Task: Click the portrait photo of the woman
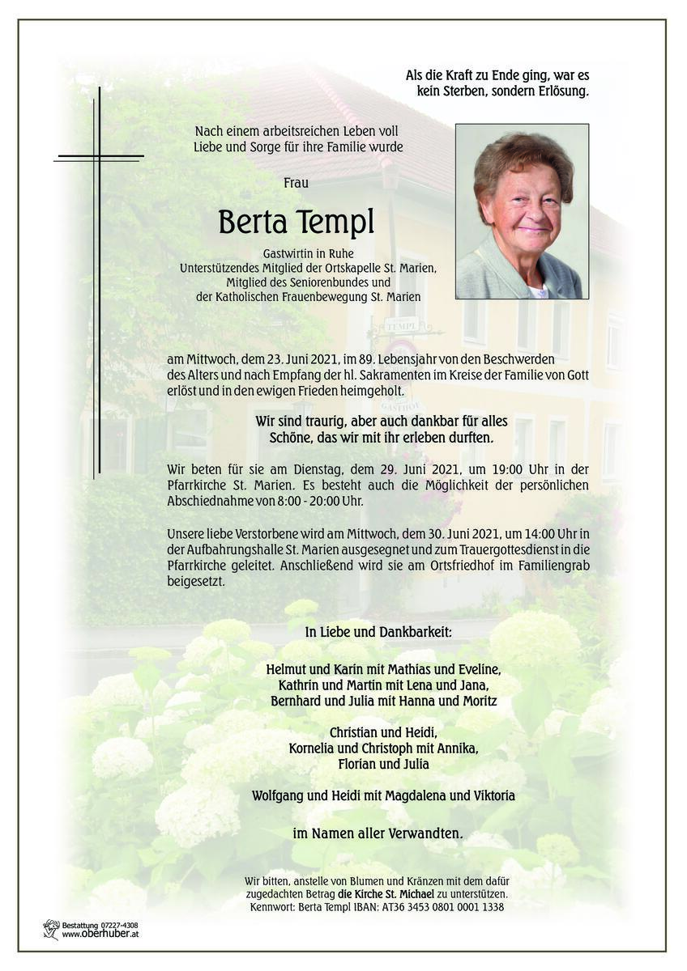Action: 522,211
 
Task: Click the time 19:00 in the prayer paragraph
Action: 487,469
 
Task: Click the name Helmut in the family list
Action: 288,669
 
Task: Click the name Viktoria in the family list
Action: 488,795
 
